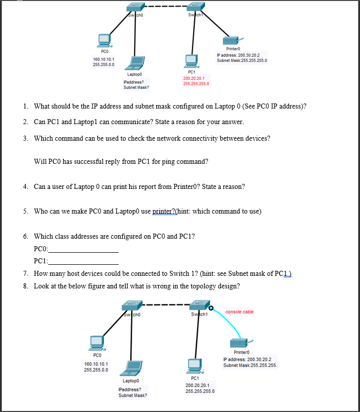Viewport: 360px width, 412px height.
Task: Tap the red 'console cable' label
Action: tap(239, 312)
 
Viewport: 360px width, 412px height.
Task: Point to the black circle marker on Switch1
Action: tap(211, 307)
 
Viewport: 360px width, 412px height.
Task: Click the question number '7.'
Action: tap(26, 273)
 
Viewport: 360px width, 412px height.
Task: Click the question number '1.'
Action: tap(26, 106)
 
